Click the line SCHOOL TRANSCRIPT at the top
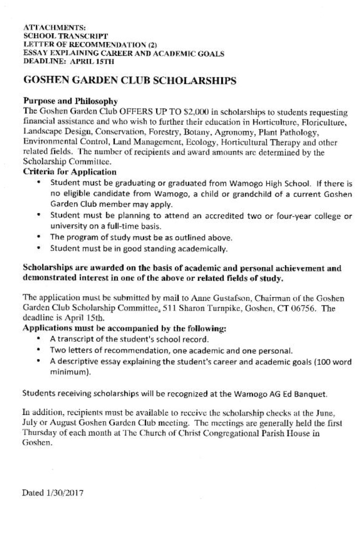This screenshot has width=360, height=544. pyautogui.click(x=66, y=36)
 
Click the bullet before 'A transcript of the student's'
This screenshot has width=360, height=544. pyautogui.click(x=38, y=338)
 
